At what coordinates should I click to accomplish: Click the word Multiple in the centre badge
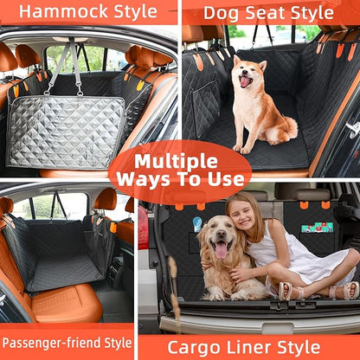point(180,162)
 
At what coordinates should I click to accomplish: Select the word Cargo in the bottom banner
point(189,346)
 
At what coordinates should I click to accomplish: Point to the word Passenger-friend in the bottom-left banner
point(47,342)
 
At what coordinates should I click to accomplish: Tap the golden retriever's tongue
point(221,251)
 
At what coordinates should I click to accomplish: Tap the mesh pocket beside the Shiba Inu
point(205,108)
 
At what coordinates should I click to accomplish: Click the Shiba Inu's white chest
point(245,104)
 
